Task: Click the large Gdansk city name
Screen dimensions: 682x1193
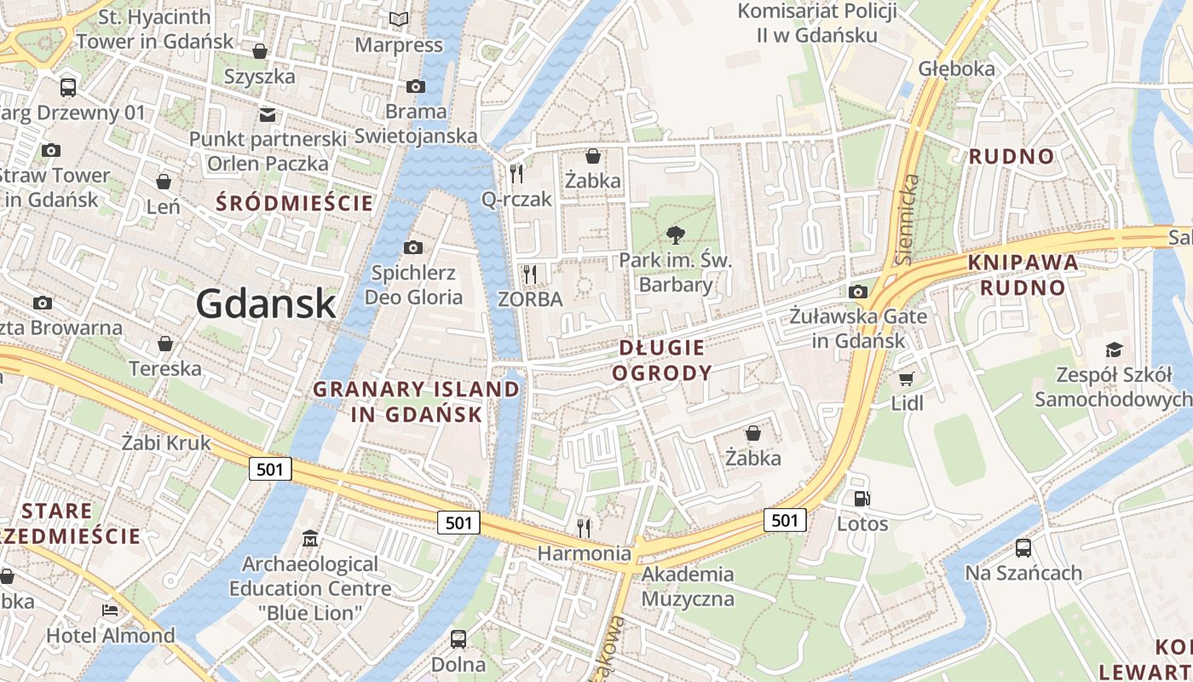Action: point(266,303)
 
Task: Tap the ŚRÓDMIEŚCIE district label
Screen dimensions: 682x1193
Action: point(295,203)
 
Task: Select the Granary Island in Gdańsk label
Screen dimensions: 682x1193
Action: point(416,402)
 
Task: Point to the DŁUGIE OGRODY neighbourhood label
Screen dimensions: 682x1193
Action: point(662,360)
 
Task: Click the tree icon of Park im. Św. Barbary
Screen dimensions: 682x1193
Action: point(676,235)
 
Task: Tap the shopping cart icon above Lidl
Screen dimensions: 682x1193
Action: point(906,379)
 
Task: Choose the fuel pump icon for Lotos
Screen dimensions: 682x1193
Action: point(862,499)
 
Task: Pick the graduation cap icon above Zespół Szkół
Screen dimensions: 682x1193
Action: point(1113,350)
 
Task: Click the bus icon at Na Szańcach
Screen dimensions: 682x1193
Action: point(1023,548)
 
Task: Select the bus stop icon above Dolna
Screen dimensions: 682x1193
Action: point(458,639)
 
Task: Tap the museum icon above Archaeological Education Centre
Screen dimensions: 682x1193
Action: point(309,539)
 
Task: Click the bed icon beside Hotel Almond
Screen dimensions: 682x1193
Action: point(110,610)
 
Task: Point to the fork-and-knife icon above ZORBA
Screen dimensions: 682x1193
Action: point(530,274)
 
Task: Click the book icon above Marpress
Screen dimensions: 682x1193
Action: point(398,19)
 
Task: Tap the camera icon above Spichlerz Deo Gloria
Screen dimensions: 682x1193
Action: point(413,248)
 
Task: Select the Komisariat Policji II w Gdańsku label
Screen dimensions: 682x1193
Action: point(806,23)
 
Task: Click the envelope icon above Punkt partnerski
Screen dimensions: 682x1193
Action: point(268,114)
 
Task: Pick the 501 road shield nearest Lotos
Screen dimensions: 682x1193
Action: point(785,520)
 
